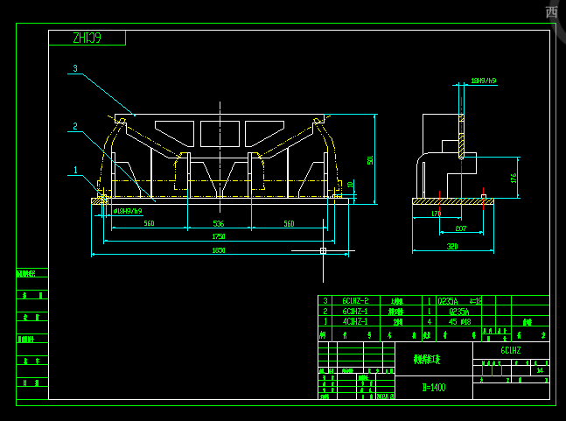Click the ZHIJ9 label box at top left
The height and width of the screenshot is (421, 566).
click(x=87, y=38)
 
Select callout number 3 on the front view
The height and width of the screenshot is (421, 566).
click(x=75, y=68)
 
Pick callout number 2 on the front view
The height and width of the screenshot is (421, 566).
click(x=75, y=127)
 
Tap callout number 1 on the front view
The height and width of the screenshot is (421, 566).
click(x=75, y=171)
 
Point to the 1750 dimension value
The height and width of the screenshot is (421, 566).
click(x=218, y=236)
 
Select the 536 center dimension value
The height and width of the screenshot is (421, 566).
click(x=218, y=224)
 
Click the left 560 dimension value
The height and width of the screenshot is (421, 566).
click(x=149, y=224)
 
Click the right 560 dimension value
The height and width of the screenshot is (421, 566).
click(x=288, y=224)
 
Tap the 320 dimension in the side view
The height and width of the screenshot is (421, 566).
click(x=452, y=248)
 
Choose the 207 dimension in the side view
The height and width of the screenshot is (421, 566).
click(x=461, y=228)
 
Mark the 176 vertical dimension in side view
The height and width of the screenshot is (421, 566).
click(x=514, y=178)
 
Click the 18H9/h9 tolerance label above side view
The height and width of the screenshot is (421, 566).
click(x=483, y=81)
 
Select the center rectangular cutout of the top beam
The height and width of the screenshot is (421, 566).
click(x=219, y=133)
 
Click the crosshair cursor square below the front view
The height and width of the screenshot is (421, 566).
click(x=323, y=251)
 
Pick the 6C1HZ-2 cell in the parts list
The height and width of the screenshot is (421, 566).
click(x=355, y=300)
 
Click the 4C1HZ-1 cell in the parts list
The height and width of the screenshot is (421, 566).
click(x=355, y=321)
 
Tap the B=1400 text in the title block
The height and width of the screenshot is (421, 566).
click(x=434, y=387)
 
